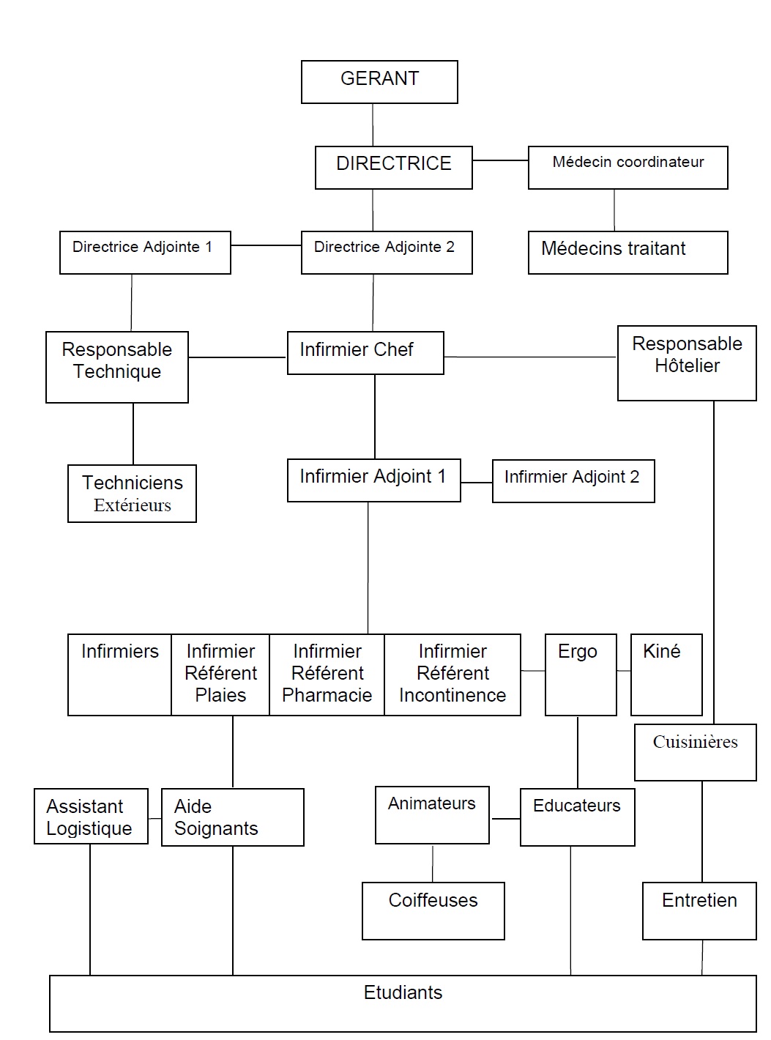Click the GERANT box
click(379, 81)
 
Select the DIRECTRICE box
click(393, 167)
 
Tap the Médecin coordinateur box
click(627, 167)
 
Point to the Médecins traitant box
click(627, 253)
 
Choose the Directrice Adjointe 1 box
click(145, 253)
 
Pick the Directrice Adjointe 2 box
click(387, 253)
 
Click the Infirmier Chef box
click(365, 353)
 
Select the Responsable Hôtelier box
click(687, 363)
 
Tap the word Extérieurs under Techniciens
click(133, 505)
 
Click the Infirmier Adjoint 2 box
click(573, 480)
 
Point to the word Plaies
click(220, 695)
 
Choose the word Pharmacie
click(327, 695)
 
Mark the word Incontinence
click(452, 695)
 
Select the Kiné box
click(666, 674)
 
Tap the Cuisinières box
click(695, 752)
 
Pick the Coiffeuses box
click(433, 910)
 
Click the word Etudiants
click(403, 992)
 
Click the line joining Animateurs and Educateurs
click(504, 819)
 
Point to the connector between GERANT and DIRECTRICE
click(373, 125)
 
